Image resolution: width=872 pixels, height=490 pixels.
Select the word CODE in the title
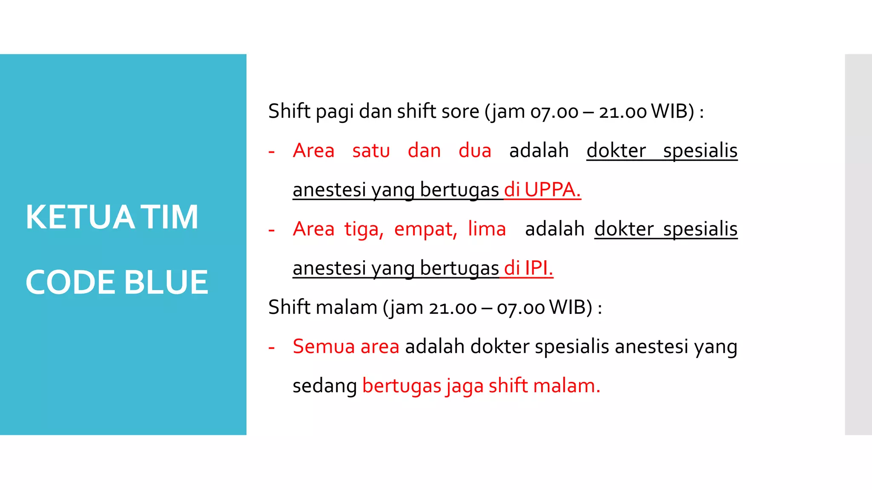(x=70, y=282)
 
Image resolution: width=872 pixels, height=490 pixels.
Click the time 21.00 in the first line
(x=622, y=112)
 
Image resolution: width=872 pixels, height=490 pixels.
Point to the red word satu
(x=371, y=151)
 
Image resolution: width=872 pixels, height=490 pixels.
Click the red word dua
(x=475, y=151)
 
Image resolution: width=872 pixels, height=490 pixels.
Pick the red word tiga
(x=364, y=229)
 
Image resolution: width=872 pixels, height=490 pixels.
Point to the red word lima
(x=487, y=229)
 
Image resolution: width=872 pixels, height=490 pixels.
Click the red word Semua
(x=324, y=346)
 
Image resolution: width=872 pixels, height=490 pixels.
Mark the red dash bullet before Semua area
(x=272, y=348)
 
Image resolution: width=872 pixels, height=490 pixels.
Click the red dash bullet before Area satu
(x=272, y=152)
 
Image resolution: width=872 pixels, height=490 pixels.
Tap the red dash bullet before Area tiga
(x=272, y=230)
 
